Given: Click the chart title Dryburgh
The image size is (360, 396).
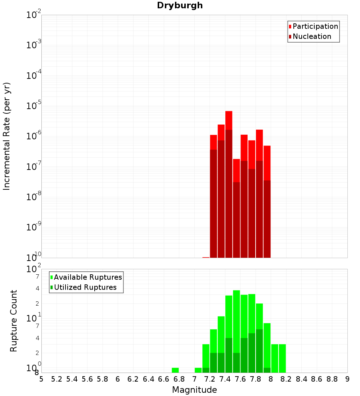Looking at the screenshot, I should click(180, 5).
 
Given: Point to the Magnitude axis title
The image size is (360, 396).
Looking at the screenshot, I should click(194, 390).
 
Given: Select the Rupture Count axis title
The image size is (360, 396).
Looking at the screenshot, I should click(14, 321).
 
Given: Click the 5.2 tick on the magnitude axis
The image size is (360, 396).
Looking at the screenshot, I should click(57, 379).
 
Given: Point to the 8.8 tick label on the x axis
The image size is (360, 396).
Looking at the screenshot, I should click(332, 379).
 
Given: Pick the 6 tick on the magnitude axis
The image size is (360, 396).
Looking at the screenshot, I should click(118, 379).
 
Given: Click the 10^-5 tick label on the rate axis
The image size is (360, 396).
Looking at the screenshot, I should click(34, 106).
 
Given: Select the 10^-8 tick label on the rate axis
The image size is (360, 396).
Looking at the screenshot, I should click(34, 197).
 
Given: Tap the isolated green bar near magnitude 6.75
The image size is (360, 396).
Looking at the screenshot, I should click(175, 370).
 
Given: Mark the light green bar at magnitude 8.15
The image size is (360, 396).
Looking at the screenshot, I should click(282, 358).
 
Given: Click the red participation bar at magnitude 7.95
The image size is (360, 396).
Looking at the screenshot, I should click(267, 162).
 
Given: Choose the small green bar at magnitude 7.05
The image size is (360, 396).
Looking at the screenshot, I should click(198, 370).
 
